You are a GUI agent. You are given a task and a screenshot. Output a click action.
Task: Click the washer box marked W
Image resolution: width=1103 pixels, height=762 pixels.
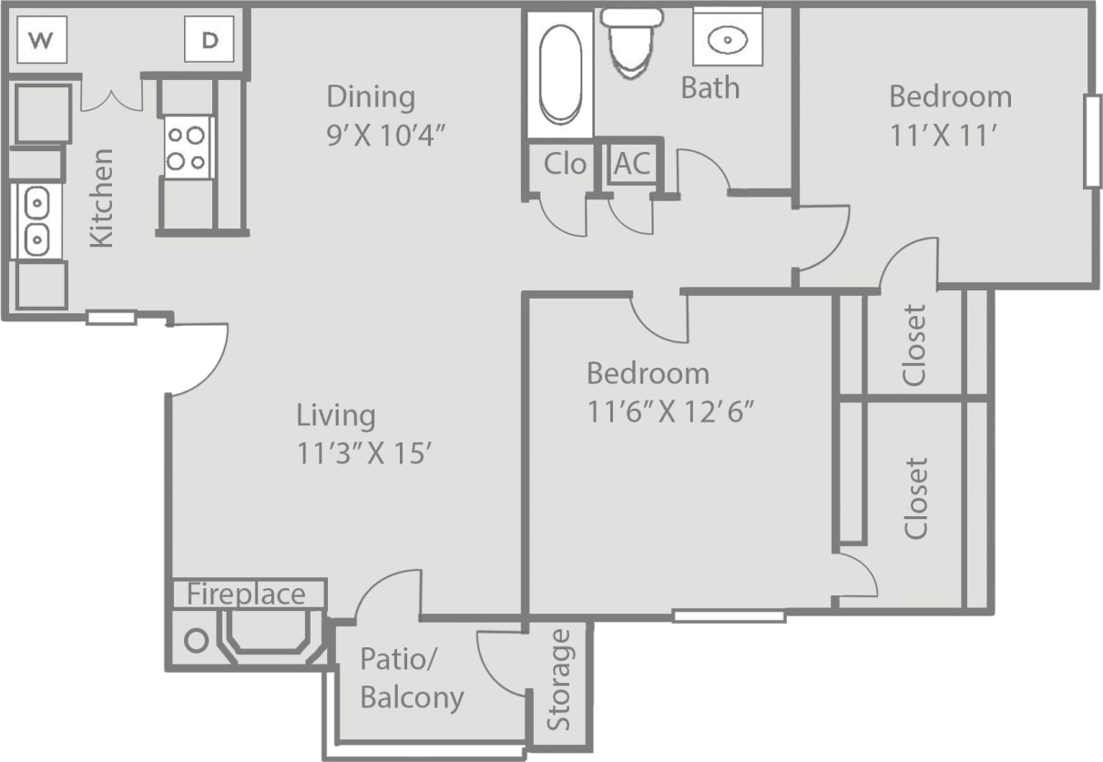tap(41, 41)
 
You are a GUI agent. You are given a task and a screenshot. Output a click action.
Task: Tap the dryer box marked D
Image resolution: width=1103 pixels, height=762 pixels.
tap(209, 41)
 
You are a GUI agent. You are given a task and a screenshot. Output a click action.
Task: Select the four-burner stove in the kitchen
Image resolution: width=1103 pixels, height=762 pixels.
tap(188, 148)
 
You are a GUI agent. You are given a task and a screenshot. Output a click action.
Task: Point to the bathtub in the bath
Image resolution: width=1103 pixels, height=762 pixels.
tap(559, 74)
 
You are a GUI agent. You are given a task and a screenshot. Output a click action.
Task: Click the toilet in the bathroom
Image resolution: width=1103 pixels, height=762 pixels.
tap(632, 41)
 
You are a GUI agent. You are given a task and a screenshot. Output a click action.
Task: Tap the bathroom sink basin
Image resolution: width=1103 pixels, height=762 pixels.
tap(728, 39)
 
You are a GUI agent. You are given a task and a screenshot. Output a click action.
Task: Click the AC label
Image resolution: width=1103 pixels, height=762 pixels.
tap(632, 164)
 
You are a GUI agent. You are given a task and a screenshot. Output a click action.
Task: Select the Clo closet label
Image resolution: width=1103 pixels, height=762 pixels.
tap(565, 164)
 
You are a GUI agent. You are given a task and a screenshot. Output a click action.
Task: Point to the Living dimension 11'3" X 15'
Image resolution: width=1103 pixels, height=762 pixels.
tap(363, 453)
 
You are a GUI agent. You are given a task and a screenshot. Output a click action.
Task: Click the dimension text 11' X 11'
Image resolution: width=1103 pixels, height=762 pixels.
tap(950, 135)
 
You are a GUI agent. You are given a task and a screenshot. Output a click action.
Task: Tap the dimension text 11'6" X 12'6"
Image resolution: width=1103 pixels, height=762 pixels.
tap(672, 412)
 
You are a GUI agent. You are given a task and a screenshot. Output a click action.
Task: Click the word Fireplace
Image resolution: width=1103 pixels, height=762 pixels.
tap(247, 594)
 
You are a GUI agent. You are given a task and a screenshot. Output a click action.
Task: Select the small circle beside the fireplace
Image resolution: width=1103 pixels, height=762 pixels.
tap(197, 640)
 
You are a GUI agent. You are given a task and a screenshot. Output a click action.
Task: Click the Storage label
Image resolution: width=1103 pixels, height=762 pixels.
tap(559, 679)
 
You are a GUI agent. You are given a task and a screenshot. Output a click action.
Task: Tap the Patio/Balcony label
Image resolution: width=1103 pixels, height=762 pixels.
tap(411, 678)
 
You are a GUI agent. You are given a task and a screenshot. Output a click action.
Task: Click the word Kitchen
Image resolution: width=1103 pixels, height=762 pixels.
tap(102, 198)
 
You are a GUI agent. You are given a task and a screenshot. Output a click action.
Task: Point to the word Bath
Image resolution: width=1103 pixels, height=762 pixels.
tap(710, 88)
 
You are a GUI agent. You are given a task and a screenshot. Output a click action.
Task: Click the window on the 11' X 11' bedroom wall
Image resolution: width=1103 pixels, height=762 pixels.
tap(1092, 141)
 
